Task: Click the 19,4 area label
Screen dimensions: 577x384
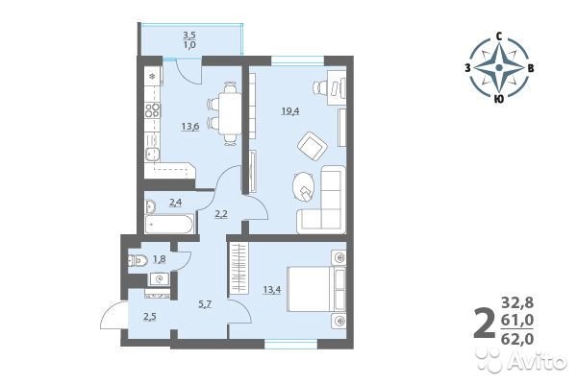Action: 290,111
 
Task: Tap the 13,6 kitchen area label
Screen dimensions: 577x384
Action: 190,127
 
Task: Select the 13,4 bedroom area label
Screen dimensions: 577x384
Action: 272,290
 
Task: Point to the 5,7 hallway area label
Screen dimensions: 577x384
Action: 204,304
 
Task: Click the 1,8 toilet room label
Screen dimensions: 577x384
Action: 160,259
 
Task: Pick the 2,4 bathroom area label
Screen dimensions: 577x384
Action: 175,202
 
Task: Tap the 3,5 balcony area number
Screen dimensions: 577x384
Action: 189,36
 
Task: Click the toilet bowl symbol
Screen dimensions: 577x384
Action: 137,260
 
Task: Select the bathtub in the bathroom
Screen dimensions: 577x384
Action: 169,224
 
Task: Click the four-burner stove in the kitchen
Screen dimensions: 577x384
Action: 153,109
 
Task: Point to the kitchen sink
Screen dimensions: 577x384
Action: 152,154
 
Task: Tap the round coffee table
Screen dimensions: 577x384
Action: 304,186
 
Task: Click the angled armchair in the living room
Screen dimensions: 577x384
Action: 313,147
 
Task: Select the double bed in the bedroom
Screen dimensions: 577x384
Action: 316,289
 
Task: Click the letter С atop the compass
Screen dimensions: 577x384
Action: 499,36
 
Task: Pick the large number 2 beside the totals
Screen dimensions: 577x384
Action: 485,324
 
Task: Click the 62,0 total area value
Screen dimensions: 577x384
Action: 517,339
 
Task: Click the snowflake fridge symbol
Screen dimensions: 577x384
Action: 152,77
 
